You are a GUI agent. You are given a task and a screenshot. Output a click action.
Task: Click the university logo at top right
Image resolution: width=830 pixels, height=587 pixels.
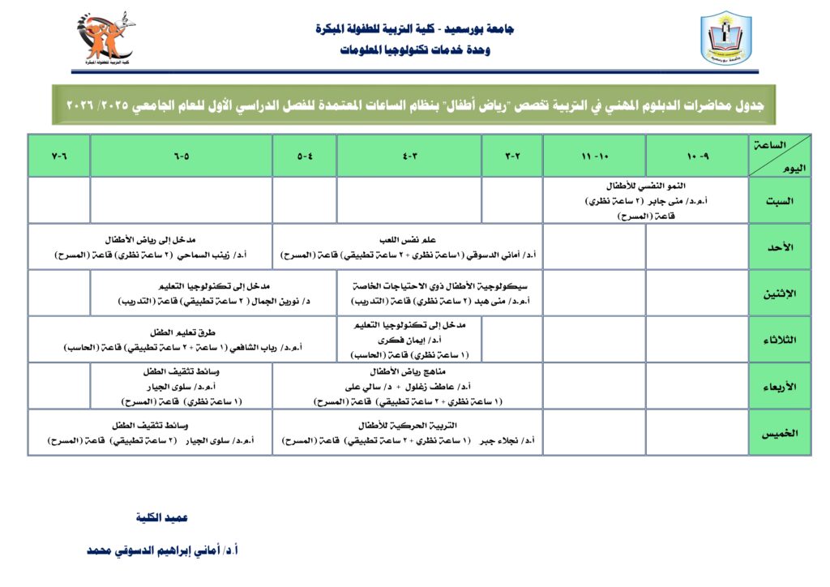(725, 38)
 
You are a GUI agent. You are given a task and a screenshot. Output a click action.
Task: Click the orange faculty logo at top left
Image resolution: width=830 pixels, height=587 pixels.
(106, 38)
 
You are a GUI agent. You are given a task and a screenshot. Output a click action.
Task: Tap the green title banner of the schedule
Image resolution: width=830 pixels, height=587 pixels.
(413, 105)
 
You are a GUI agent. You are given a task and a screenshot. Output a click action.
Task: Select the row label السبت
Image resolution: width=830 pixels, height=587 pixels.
(780, 200)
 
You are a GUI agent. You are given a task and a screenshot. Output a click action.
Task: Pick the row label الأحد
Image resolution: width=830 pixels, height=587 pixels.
(780, 246)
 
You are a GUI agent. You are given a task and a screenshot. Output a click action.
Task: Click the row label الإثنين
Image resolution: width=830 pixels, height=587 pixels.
(780, 293)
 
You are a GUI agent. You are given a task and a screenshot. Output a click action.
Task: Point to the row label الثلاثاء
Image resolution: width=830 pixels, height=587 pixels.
(780, 339)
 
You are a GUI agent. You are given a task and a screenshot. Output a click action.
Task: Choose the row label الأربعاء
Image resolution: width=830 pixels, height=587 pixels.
(780, 386)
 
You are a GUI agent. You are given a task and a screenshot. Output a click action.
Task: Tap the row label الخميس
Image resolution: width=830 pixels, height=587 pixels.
(780, 432)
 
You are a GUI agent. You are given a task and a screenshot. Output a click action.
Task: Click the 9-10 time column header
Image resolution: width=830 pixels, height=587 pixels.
(696, 156)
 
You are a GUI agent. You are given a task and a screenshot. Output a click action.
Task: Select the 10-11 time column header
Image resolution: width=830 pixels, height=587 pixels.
(593, 156)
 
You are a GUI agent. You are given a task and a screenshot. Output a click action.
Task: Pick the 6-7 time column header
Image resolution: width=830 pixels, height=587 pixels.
(59, 156)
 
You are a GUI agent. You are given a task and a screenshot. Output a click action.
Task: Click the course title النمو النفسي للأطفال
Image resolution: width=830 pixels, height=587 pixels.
(645, 186)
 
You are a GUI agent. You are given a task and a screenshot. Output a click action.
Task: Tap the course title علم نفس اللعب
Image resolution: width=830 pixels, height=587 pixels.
(408, 240)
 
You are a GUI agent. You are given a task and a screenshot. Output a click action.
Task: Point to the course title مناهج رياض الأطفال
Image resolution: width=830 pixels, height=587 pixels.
(407, 371)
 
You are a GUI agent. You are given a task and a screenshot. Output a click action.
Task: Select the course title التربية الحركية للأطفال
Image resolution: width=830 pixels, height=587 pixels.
(408, 425)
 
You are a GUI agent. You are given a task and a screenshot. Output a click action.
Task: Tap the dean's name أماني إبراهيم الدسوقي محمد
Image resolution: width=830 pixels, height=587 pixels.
(162, 550)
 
